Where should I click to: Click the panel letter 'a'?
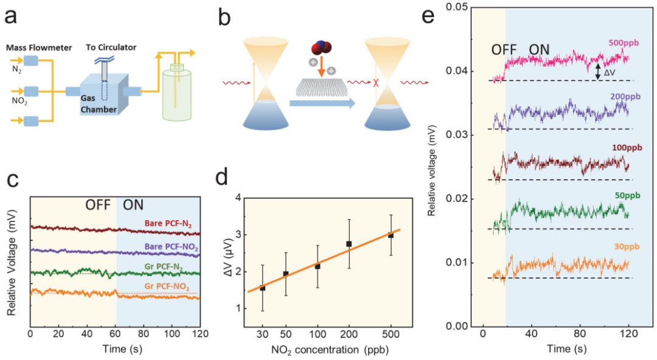(x=12, y=16)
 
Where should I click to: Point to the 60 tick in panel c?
(x=116, y=334)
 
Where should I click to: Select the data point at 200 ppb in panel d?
(x=349, y=243)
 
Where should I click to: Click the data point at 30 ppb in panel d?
(x=262, y=288)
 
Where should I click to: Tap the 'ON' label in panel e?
(x=540, y=49)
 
